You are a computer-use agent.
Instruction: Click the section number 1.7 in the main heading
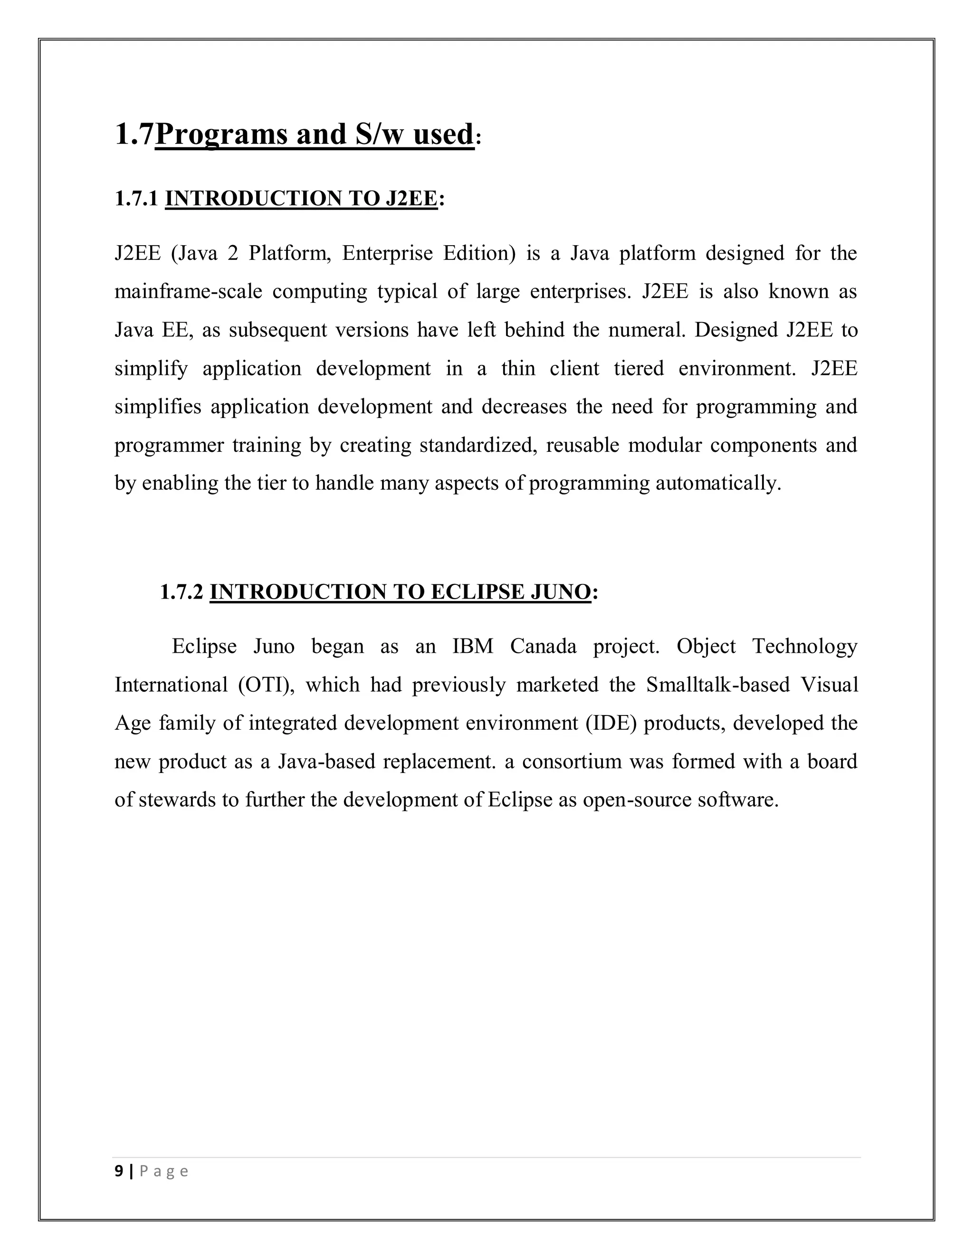(x=134, y=134)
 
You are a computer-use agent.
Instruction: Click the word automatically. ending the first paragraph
(x=718, y=483)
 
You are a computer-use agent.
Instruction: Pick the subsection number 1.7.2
(x=181, y=592)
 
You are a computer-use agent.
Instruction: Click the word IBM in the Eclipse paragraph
(x=473, y=646)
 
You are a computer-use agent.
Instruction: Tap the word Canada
(x=543, y=646)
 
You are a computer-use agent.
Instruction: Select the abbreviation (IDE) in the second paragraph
(x=611, y=724)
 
